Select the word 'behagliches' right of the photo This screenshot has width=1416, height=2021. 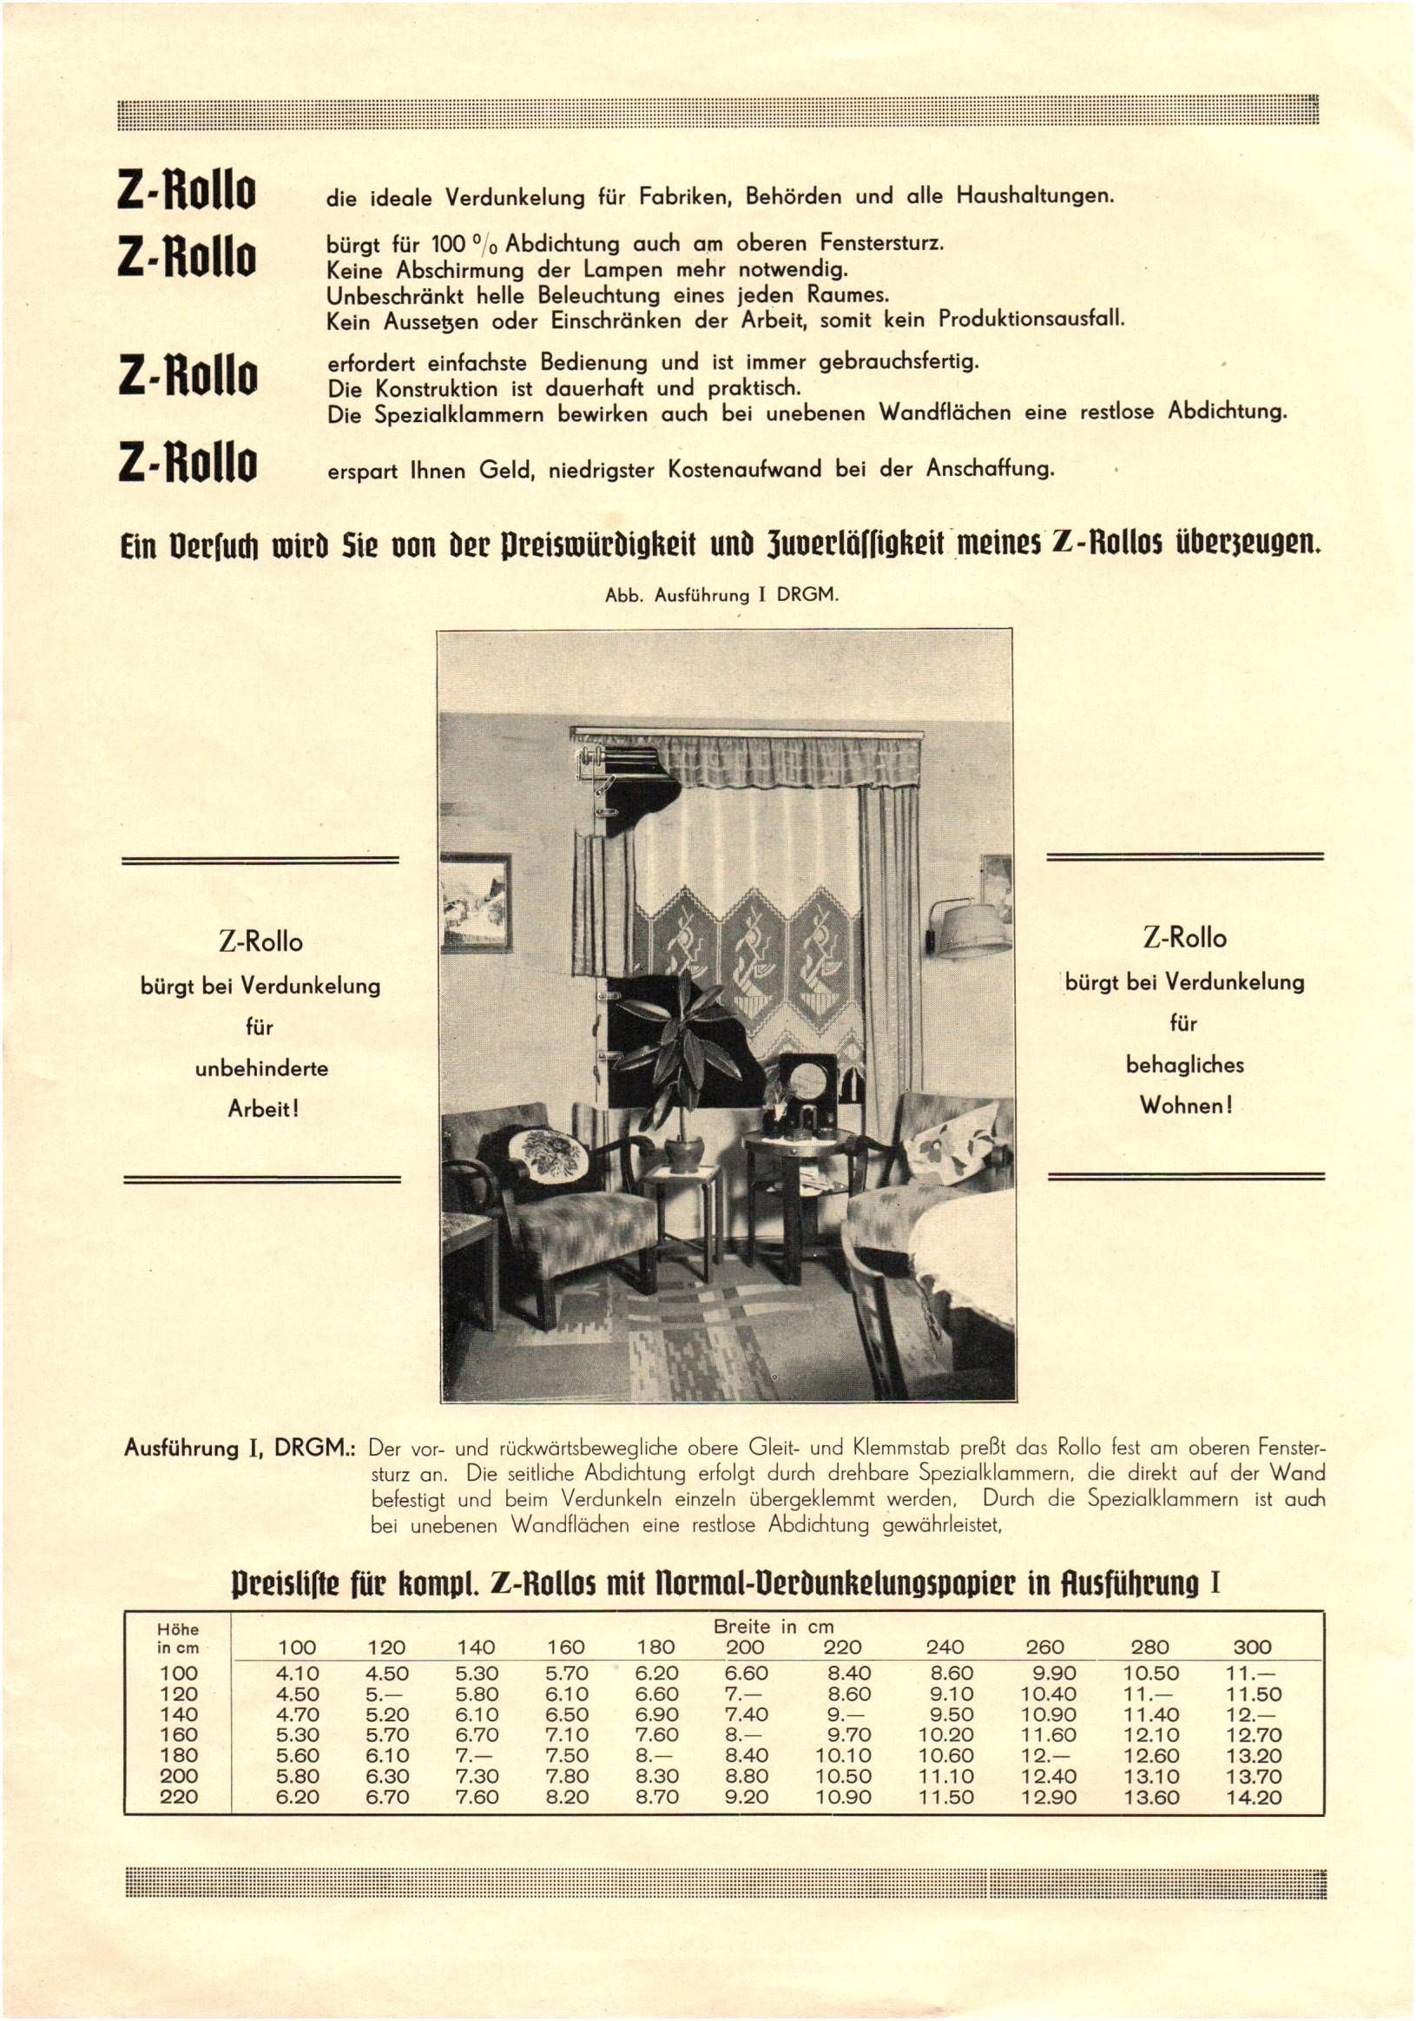tap(1184, 1065)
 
